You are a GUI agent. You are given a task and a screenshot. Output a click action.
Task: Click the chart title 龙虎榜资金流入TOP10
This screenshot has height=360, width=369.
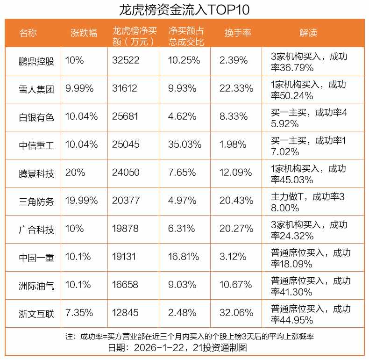tap(184, 9)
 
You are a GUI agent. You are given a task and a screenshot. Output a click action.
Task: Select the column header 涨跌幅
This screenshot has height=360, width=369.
tap(84, 33)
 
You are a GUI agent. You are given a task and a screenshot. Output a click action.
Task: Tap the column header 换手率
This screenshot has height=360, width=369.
tap(238, 33)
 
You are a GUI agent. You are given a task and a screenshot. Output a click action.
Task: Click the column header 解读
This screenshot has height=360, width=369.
tap(308, 33)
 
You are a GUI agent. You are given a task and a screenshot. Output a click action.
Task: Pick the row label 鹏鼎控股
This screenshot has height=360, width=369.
tap(36, 61)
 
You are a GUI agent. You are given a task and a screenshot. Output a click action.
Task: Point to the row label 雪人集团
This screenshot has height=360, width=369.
tap(36, 89)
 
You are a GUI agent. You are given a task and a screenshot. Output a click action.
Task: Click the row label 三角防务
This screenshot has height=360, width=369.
tap(36, 201)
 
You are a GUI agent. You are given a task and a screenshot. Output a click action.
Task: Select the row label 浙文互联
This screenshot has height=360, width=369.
tap(36, 313)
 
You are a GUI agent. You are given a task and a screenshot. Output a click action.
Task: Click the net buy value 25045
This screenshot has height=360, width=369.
tap(126, 145)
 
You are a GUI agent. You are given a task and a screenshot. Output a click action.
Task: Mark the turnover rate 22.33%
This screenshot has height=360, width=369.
tap(236, 89)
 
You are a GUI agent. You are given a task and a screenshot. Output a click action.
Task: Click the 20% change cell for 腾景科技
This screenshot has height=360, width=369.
tap(75, 173)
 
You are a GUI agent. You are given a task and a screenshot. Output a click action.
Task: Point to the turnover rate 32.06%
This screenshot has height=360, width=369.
tap(236, 313)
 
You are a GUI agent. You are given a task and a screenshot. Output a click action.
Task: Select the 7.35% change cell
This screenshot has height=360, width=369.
tap(79, 313)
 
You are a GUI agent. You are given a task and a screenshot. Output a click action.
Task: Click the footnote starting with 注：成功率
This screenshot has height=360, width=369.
tap(189, 337)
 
